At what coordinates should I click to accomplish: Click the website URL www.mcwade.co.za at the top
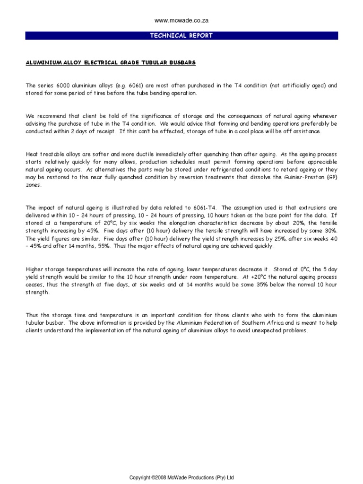coord(182,21)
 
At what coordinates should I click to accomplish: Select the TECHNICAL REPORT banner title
coord(181,35)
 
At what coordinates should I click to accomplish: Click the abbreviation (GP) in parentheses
coord(332,177)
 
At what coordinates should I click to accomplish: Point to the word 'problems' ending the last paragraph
coord(295,330)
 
